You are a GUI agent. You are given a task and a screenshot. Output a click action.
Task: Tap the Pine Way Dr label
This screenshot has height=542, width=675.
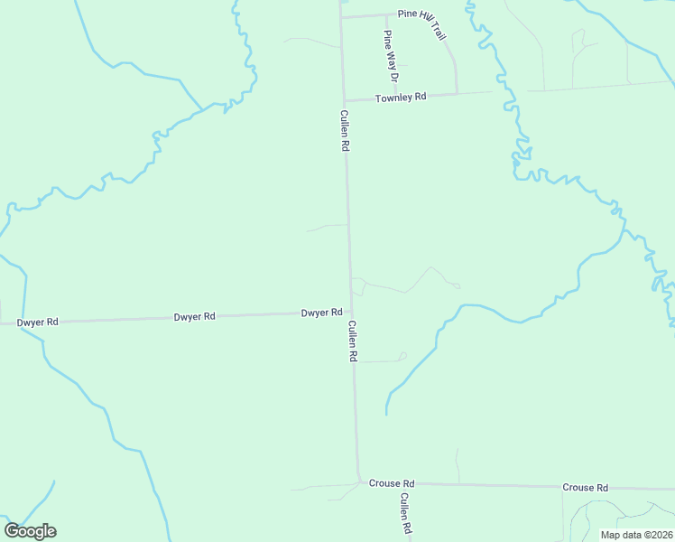tap(391, 51)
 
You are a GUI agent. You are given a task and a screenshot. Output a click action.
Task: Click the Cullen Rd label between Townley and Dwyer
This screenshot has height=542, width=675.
tap(345, 130)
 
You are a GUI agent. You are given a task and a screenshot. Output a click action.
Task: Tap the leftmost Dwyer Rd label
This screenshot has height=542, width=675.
tap(38, 322)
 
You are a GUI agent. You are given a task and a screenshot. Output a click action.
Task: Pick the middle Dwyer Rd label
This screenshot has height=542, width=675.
tap(195, 317)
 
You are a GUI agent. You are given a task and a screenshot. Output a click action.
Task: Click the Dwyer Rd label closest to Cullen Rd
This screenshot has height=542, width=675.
tap(321, 313)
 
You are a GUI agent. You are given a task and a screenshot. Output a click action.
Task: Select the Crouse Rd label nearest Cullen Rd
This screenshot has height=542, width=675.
tap(391, 483)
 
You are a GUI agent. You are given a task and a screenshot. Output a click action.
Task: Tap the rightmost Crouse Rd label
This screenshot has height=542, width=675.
tap(585, 487)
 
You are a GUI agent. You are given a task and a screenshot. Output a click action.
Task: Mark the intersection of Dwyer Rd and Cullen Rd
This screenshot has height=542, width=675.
tap(350, 312)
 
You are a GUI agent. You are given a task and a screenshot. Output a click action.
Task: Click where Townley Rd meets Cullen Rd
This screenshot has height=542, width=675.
tap(343, 99)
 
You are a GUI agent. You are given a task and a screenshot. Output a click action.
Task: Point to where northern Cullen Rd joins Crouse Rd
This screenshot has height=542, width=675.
tap(358, 481)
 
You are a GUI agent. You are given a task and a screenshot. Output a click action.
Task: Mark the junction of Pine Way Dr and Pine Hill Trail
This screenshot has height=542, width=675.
tap(386, 14)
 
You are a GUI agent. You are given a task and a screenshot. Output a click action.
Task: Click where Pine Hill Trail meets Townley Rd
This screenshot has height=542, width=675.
tap(456, 92)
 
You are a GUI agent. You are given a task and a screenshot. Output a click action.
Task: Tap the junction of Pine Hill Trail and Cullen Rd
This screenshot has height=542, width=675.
tap(340, 16)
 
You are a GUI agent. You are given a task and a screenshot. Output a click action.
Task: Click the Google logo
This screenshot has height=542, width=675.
tap(30, 531)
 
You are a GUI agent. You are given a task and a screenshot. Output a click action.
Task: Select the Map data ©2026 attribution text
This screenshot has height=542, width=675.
tap(635, 535)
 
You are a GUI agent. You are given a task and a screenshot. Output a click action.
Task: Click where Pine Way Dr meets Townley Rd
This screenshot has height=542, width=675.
tap(388, 97)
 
